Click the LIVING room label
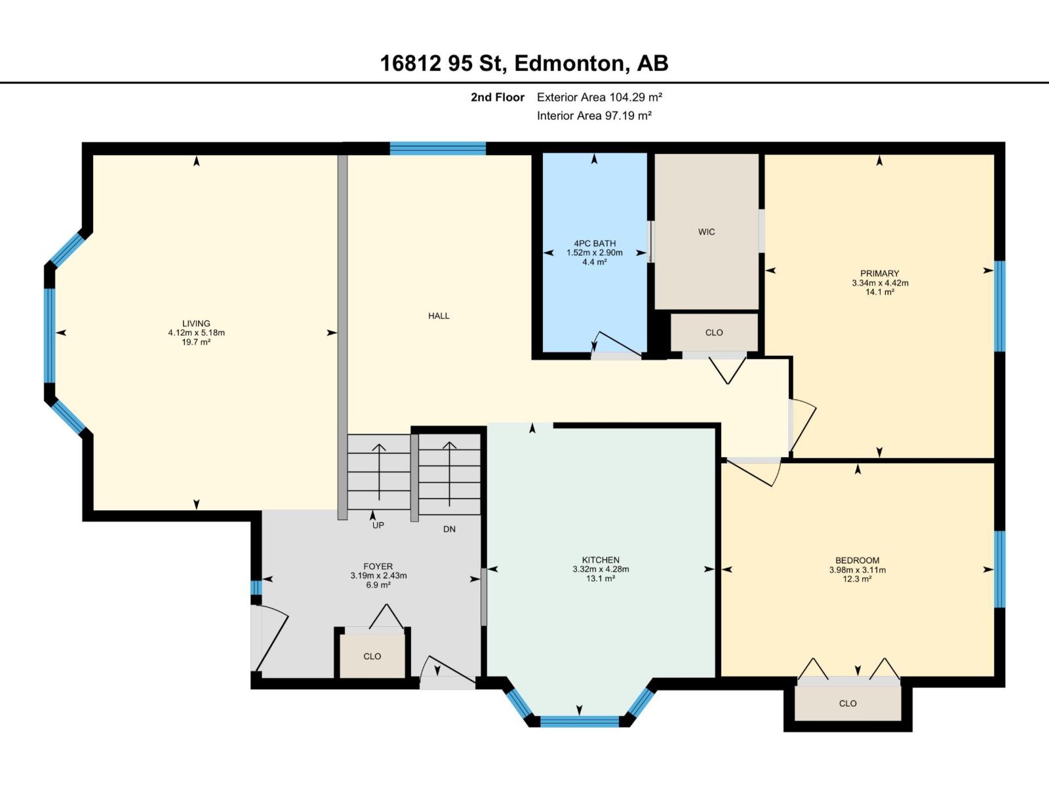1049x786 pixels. tap(196, 324)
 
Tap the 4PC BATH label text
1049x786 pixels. tap(595, 244)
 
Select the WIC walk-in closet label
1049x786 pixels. tap(706, 232)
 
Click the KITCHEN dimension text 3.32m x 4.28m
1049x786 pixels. tap(601, 569)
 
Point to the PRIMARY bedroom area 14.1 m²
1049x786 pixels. tap(880, 292)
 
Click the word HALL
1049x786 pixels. tap(439, 316)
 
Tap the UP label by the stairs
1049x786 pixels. tap(378, 525)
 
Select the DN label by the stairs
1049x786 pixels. tap(449, 529)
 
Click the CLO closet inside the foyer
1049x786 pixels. tap(372, 656)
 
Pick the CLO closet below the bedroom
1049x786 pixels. tap(847, 703)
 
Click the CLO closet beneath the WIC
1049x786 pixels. tap(714, 333)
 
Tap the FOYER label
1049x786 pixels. tap(378, 567)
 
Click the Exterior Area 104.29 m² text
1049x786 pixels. tap(599, 98)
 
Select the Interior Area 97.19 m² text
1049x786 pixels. tap(594, 116)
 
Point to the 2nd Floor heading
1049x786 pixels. tap(498, 98)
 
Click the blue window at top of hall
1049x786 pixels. tap(437, 149)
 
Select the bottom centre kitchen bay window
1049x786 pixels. tap(580, 721)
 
